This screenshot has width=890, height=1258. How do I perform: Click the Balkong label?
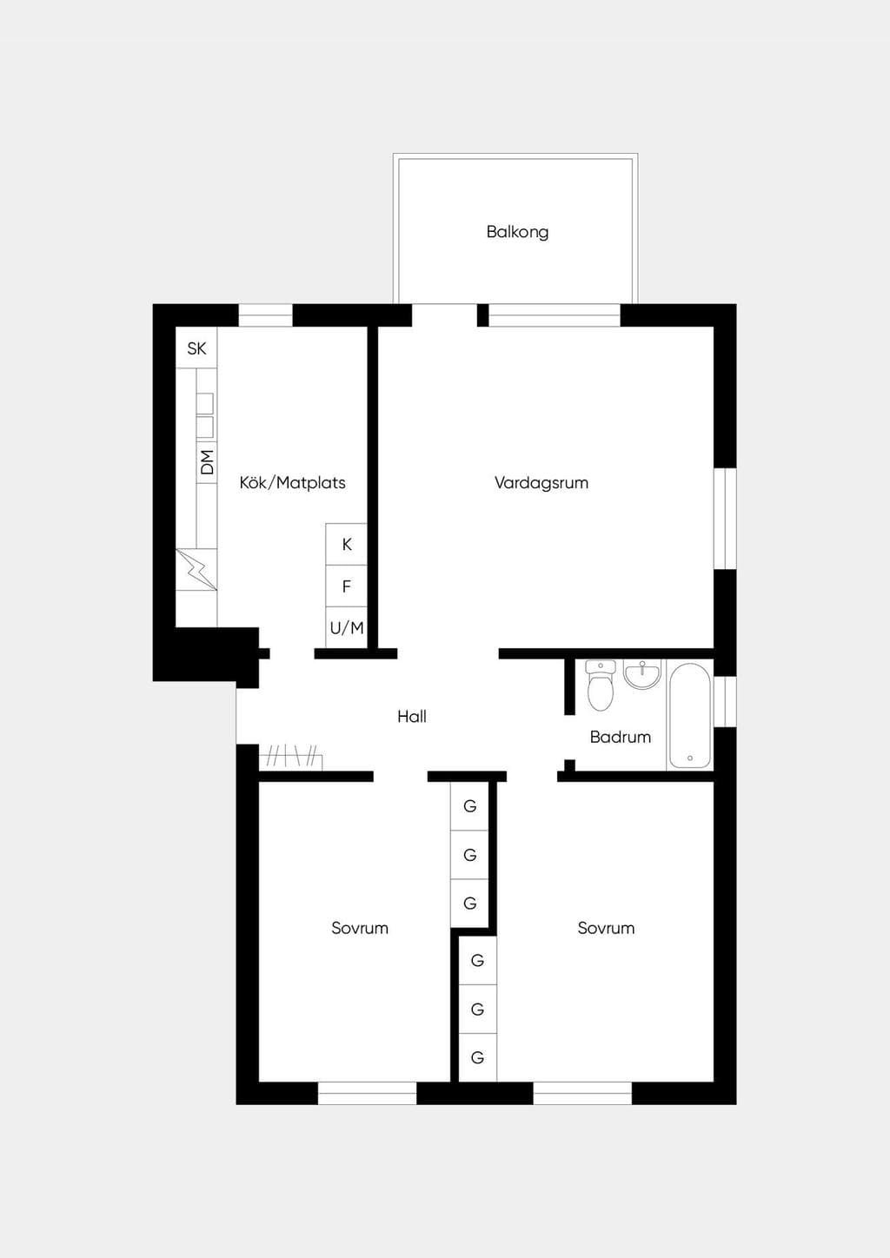click(x=517, y=232)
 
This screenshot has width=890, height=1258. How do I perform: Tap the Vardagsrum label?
click(x=541, y=482)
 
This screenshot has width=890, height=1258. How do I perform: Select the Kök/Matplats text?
click(x=292, y=482)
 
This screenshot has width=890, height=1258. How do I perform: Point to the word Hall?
click(x=412, y=716)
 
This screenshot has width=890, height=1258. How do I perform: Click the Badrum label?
click(x=621, y=737)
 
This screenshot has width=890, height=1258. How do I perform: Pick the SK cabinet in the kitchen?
click(x=196, y=348)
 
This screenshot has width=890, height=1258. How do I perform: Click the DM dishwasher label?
click(x=208, y=462)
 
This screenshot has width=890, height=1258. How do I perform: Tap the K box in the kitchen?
click(x=346, y=544)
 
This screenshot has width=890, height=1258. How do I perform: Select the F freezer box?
click(x=346, y=586)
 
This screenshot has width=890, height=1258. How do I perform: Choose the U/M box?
click(x=346, y=627)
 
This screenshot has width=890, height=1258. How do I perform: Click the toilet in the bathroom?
click(x=600, y=685)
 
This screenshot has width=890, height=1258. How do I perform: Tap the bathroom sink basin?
click(x=643, y=674)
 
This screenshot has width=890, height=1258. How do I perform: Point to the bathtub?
click(x=689, y=716)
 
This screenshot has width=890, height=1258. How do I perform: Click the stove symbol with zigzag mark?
click(x=196, y=569)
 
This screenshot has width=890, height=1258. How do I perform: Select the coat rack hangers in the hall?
click(x=290, y=757)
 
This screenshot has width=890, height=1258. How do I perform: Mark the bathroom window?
click(x=726, y=701)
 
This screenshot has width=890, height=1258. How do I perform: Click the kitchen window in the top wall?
click(x=265, y=315)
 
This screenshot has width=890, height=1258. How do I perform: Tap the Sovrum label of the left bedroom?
click(x=360, y=928)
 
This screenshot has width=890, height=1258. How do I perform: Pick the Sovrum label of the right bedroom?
click(x=607, y=928)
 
